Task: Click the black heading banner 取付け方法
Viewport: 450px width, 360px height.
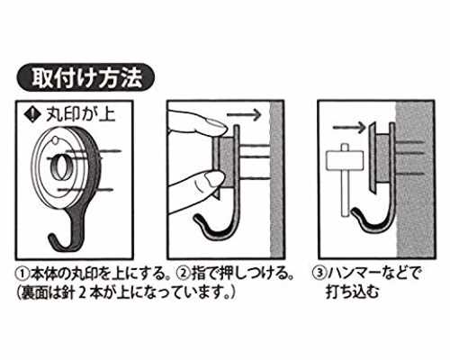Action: pyautogui.click(x=85, y=77)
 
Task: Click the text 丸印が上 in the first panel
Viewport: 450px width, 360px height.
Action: pyautogui.click(x=80, y=114)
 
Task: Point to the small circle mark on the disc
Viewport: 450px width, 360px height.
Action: pyautogui.click(x=55, y=139)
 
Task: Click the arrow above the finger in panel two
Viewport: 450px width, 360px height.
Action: pyautogui.click(x=244, y=115)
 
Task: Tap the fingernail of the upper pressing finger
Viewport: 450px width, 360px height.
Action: pyautogui.click(x=218, y=124)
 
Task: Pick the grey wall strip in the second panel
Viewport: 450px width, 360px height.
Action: pyautogui.click(x=277, y=179)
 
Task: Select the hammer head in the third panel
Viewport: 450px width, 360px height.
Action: pyautogui.click(x=345, y=159)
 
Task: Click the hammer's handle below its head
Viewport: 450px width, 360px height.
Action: pyautogui.click(x=346, y=193)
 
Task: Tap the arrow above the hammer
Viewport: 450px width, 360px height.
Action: pyautogui.click(x=349, y=128)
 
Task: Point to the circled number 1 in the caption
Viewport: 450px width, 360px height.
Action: pyautogui.click(x=23, y=274)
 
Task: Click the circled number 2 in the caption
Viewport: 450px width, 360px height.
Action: pyautogui.click(x=183, y=274)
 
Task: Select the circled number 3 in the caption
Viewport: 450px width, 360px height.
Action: pyautogui.click(x=319, y=274)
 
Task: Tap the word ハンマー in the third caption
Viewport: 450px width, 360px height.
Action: pyautogui.click(x=354, y=274)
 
